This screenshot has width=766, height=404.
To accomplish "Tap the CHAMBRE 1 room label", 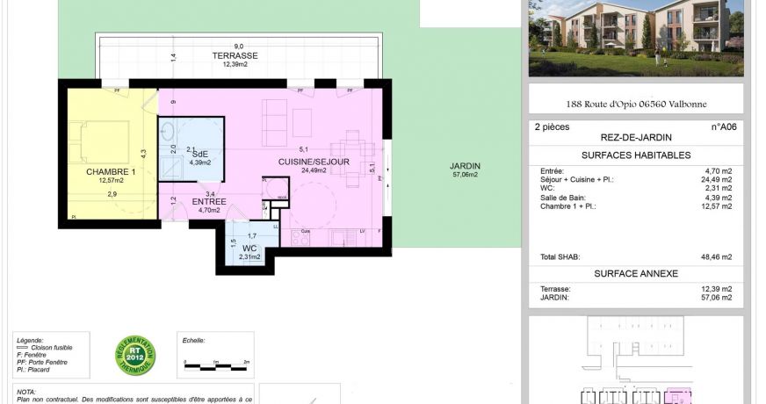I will tap(110, 172).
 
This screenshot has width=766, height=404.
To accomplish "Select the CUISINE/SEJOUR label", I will tap(314, 162).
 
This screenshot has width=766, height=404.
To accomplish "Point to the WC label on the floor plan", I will tap(250, 248).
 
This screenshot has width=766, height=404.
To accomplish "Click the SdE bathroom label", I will tap(200, 154).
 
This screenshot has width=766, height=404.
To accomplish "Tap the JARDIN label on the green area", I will tap(465, 166).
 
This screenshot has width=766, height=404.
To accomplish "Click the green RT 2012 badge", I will tap(134, 356).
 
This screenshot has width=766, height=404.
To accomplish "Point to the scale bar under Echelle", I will tap(215, 361).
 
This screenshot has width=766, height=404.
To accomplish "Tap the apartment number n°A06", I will tap(723, 126).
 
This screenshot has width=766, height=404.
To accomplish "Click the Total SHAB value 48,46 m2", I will tap(716, 257).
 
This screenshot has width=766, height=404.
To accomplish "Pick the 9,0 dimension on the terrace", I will tap(238, 47).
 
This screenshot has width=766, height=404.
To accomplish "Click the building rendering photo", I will tap(635, 37).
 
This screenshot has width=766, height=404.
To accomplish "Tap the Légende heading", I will tap(30, 340).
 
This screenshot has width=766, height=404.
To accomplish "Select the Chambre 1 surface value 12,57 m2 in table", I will tap(716, 206).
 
